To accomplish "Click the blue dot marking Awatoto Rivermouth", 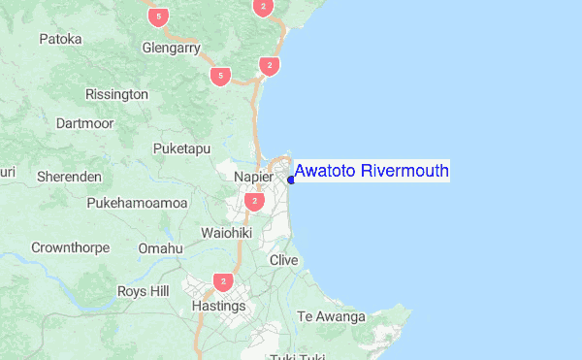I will [291, 179].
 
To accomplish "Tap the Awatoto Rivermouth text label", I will [372, 172].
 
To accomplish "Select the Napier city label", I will [254, 178].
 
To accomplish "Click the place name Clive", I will [283, 260].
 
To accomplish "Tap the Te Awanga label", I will [331, 316].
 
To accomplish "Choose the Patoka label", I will [60, 40].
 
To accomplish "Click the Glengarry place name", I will [170, 47].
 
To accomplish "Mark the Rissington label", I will [116, 94].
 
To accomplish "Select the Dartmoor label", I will [84, 123].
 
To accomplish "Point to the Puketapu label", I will [181, 148].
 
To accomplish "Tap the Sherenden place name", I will [69, 177].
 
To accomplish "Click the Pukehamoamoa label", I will [137, 203].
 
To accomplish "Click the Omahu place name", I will [160, 248].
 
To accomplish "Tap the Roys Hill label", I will [143, 291].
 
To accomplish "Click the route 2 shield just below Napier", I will [254, 202].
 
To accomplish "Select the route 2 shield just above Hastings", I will [224, 282].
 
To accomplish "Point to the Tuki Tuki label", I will [297, 356].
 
